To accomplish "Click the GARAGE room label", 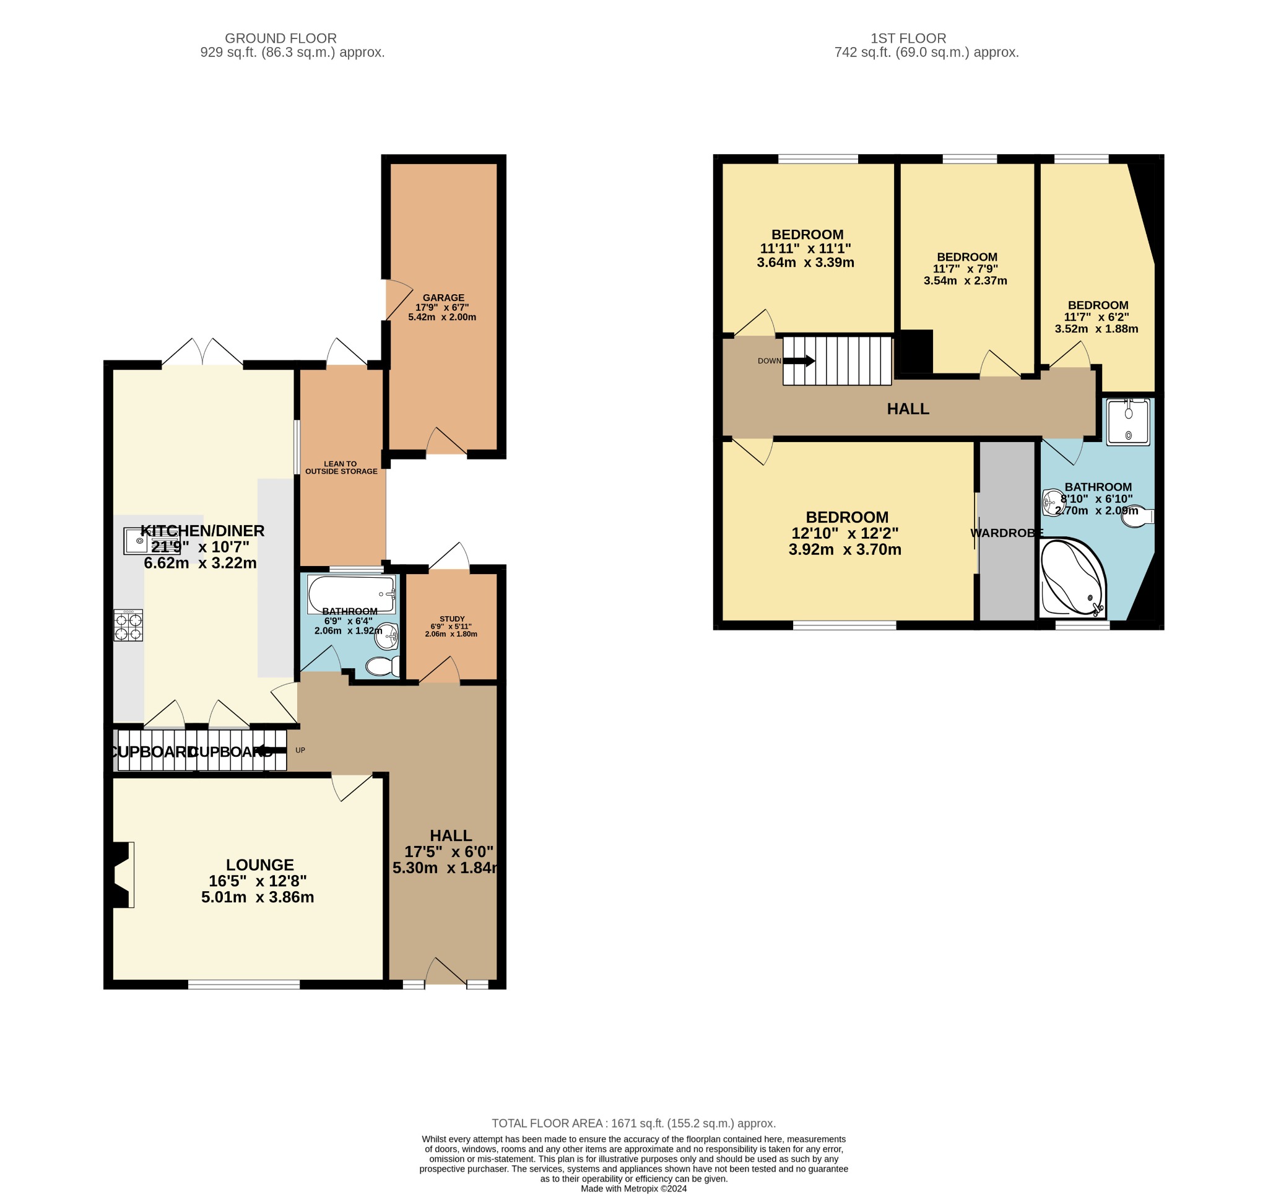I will [443, 298].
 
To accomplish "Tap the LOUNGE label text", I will [259, 865].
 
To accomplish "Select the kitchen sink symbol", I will [139, 541].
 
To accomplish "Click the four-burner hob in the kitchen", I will [128, 625].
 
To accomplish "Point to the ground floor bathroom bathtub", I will [351, 594].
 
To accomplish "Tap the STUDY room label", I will [451, 619].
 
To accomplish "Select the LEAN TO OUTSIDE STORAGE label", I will [341, 468].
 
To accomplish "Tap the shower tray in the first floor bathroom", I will [1127, 422].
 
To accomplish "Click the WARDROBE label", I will [1007, 533].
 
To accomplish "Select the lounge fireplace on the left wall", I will [122, 874].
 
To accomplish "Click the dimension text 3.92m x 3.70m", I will [845, 550].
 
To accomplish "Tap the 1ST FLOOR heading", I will [908, 38].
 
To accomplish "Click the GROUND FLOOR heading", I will [280, 38].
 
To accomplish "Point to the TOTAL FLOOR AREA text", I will [633, 1123].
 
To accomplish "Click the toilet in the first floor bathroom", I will [1138, 516].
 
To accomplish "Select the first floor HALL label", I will [908, 409].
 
